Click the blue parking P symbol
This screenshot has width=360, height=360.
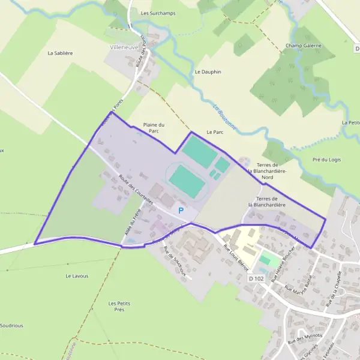click(x=181, y=210)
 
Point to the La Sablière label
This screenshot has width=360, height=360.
click(x=60, y=53)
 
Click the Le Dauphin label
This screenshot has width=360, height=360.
click(x=208, y=71)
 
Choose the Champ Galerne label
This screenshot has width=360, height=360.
click(x=304, y=46)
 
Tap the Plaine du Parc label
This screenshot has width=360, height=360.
click(x=154, y=128)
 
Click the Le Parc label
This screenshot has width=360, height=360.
click(x=214, y=131)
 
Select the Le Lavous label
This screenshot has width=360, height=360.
click(x=77, y=276)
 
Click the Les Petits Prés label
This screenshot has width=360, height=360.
click(x=120, y=307)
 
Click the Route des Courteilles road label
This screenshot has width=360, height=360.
click(x=136, y=190)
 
